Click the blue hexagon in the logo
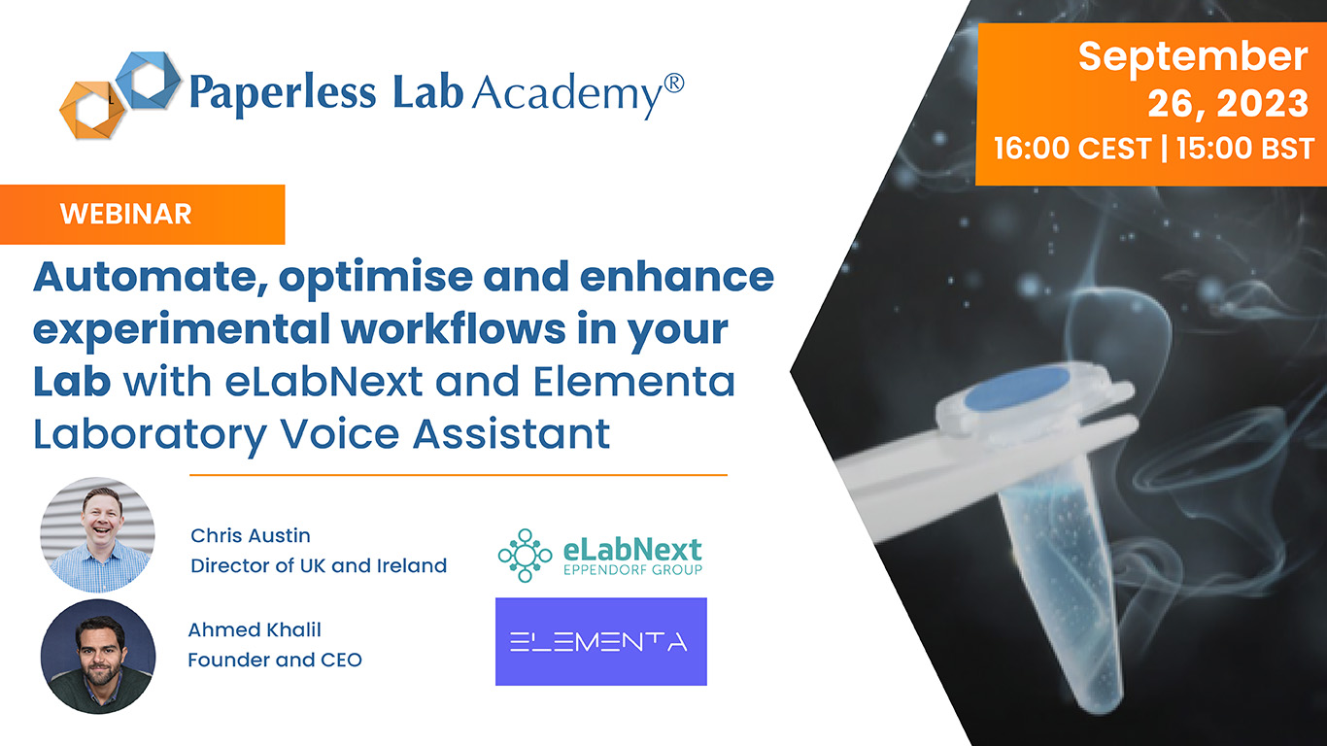pos(148,80)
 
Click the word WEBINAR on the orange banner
pos(125,214)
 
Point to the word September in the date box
pos(1193,58)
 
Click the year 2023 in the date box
pos(1262,104)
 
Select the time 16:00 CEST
pos(1072,149)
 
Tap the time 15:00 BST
pos(1245,149)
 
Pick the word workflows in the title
pos(453,329)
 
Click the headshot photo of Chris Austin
pos(98,535)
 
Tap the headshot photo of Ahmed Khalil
pos(98,657)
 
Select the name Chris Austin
pos(250,535)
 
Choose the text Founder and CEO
pos(275,661)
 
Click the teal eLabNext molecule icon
pos(525,556)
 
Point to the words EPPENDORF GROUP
pos(632,570)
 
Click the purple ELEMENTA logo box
pos(600,642)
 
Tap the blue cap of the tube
pos(1017,389)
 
